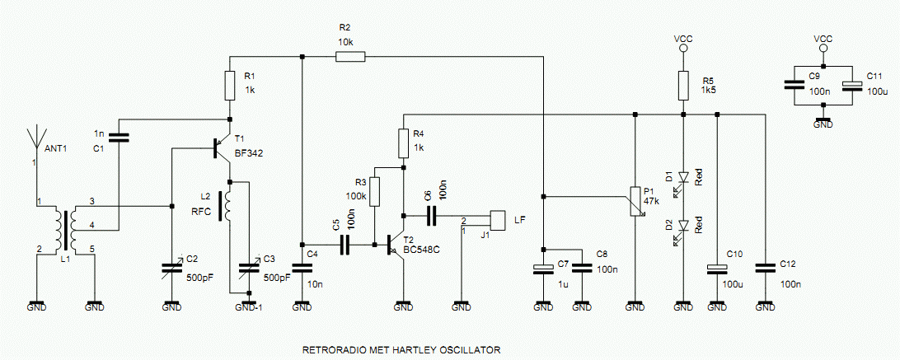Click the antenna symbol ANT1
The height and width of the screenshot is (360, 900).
coord(35,137)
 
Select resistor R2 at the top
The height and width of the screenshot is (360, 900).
coord(350,56)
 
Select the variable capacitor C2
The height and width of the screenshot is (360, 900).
coord(172,266)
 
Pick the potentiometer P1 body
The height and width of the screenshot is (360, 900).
coord(635,202)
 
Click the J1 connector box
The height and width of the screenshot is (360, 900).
coord(498,220)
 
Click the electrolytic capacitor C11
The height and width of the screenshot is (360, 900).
coord(852,84)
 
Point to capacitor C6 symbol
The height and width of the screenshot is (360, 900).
coord(431,216)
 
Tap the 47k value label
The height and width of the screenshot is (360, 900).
coord(653,200)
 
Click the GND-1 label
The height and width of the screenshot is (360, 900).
coord(249,307)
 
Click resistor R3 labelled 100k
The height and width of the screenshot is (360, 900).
coord(375,192)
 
